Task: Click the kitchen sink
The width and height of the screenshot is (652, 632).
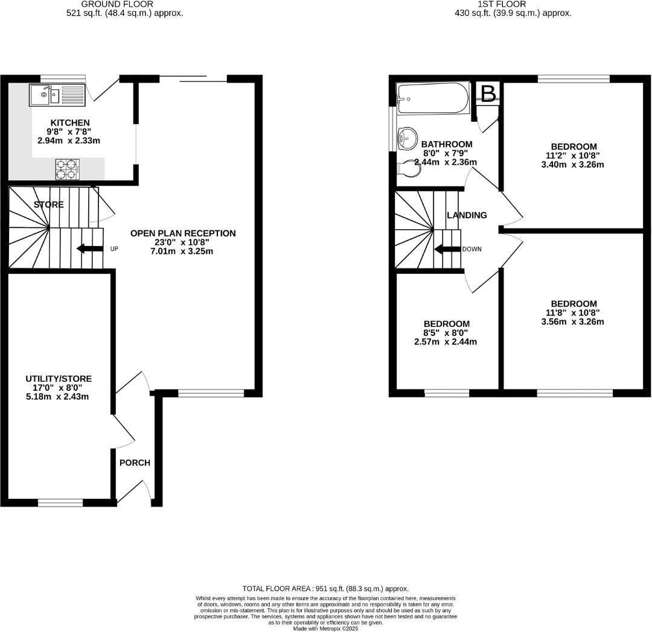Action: pyautogui.click(x=56, y=95)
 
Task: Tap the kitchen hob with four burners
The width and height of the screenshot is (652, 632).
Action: pyautogui.click(x=68, y=169)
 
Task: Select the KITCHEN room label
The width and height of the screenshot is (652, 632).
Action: pyautogui.click(x=70, y=122)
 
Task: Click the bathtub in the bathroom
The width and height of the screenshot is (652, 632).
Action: pyautogui.click(x=432, y=98)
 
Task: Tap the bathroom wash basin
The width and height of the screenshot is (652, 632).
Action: pyautogui.click(x=407, y=139)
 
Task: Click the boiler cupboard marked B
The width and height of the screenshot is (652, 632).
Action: pyautogui.click(x=488, y=94)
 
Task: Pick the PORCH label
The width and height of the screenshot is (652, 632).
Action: pyautogui.click(x=134, y=463)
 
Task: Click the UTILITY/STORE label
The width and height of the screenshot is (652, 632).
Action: pyautogui.click(x=59, y=378)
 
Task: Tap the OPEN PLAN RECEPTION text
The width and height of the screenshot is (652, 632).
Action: pyautogui.click(x=183, y=233)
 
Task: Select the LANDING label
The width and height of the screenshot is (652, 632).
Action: pyautogui.click(x=467, y=215)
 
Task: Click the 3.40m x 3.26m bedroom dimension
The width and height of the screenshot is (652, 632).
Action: pyautogui.click(x=574, y=164)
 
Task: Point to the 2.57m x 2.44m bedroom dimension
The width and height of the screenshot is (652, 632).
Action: pyautogui.click(x=446, y=342)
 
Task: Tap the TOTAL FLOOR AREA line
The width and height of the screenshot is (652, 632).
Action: pyautogui.click(x=325, y=588)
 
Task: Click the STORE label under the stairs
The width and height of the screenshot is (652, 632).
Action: pyautogui.click(x=48, y=204)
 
